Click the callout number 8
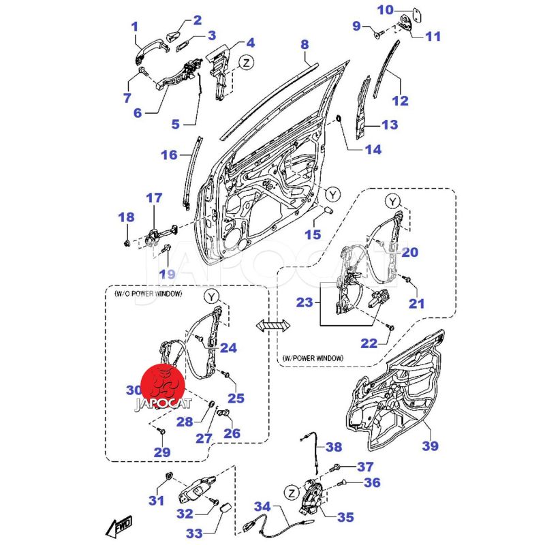305,45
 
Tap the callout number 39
429,446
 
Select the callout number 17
155,198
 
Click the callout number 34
262,507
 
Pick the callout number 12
400,101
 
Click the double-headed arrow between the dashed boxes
270,326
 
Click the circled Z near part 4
246,63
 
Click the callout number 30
134,390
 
